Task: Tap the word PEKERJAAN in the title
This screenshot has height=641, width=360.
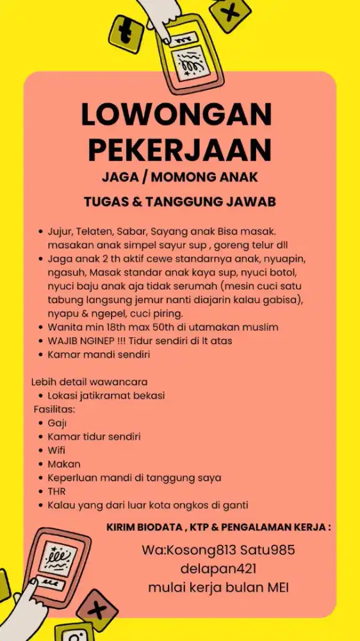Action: coord(180,149)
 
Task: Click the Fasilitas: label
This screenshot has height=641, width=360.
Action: coord(54,409)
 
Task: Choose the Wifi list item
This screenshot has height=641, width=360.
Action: coord(56,450)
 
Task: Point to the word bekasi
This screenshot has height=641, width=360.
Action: coord(148,395)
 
